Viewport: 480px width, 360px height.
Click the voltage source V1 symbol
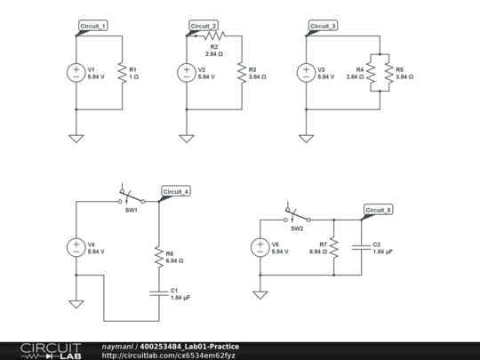tap(77, 73)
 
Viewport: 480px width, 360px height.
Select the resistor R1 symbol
tap(121, 73)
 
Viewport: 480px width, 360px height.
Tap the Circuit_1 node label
tap(93, 27)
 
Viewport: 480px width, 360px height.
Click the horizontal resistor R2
tap(213, 36)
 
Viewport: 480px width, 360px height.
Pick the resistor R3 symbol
tap(240, 73)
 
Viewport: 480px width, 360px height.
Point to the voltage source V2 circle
tap(187, 73)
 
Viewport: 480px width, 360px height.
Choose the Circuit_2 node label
tap(204, 27)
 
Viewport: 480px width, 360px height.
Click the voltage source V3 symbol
tap(306, 73)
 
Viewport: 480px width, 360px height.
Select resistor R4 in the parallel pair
tap(375, 73)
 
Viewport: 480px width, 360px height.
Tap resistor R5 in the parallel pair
tap(387, 73)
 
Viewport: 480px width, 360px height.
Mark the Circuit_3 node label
tap(323, 27)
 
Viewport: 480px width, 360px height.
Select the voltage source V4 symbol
tap(77, 248)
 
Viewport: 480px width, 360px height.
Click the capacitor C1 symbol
tap(157, 293)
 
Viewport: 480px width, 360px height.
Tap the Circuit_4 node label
tap(175, 191)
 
